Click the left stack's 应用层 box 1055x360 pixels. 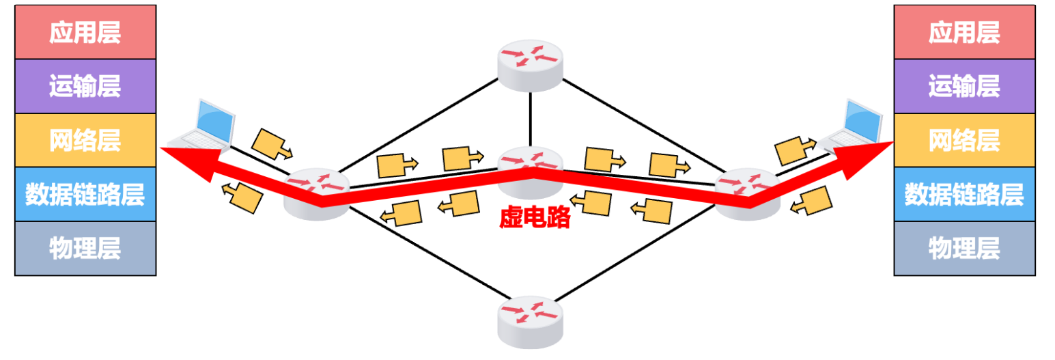85,32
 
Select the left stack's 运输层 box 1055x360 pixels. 85,86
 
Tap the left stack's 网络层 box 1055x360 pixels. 85,140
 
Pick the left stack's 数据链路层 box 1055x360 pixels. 85,194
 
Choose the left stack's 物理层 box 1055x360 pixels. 85,248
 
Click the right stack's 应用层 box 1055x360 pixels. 964,32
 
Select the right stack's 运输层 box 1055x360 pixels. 964,86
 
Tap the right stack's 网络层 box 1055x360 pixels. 964,140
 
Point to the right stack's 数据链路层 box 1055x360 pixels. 964,194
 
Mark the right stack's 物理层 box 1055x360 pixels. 964,248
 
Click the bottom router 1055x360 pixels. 531,320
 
